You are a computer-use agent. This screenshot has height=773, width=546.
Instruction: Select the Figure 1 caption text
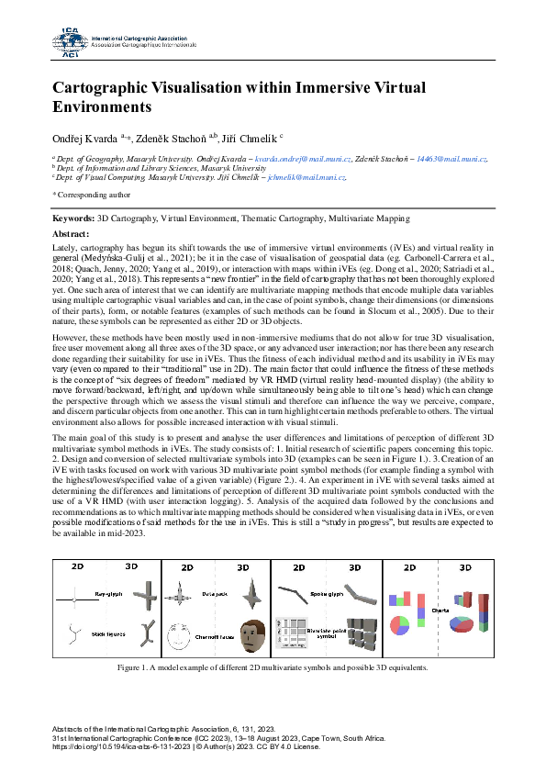click(x=273, y=667)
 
